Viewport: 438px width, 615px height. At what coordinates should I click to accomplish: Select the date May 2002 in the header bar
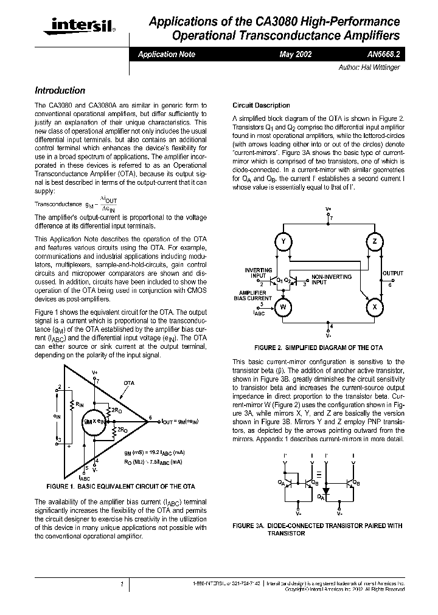point(296,55)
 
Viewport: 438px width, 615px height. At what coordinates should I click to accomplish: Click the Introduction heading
point(60,91)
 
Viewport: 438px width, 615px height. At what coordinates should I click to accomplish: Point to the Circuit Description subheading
point(262,105)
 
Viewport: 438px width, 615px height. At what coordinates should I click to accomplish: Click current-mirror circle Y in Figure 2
point(282,242)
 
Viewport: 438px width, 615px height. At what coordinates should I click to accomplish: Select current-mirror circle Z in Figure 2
point(374,242)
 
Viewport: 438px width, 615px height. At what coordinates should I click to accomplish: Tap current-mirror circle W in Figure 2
point(282,307)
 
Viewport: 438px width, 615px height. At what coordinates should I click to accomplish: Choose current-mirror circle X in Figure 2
point(374,307)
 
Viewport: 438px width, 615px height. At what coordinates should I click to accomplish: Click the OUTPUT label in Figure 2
point(392,273)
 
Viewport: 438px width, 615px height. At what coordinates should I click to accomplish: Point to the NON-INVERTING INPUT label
point(332,280)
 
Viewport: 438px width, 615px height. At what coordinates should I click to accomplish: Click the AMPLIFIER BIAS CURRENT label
point(254,296)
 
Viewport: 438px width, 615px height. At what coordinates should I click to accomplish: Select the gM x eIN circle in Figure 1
point(95,421)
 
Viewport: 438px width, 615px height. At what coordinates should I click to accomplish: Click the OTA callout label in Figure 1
point(128,383)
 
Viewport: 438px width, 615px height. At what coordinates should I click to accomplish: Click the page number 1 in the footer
point(122,584)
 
